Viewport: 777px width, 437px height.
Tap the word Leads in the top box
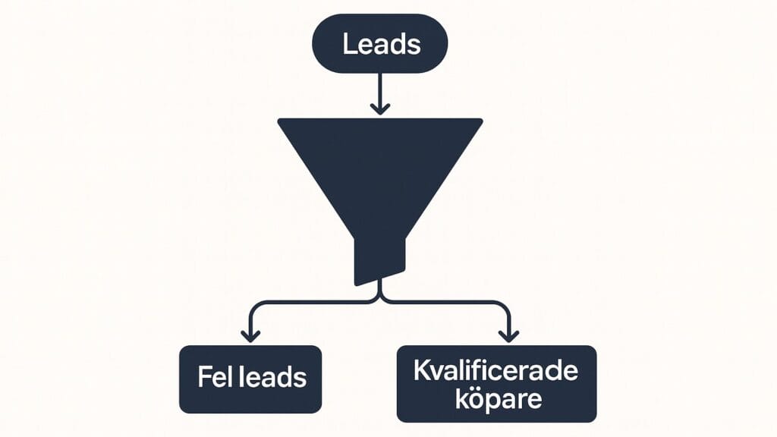[380, 45]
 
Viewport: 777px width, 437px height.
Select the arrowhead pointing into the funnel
[380, 108]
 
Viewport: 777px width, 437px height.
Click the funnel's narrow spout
[380, 258]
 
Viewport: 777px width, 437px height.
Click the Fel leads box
[250, 379]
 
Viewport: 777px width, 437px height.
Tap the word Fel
[212, 377]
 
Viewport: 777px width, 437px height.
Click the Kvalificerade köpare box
[496, 383]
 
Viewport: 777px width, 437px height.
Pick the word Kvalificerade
[496, 371]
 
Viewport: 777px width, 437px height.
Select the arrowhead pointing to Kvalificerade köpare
[509, 335]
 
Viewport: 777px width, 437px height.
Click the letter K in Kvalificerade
[422, 371]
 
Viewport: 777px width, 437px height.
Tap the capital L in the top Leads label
[348, 45]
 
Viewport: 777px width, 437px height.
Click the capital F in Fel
[203, 377]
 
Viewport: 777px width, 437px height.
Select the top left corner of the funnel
[280, 121]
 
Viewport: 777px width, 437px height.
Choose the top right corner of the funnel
[480, 121]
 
